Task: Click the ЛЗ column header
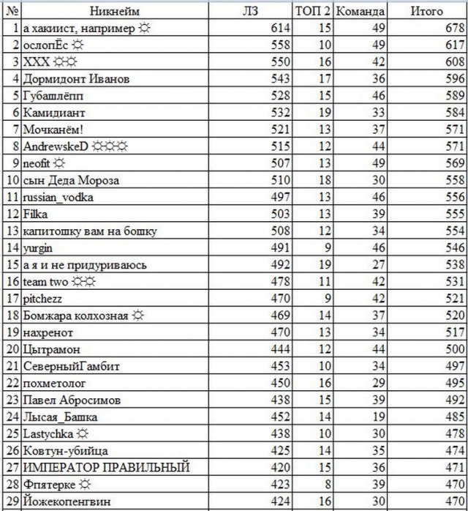coord(250,11)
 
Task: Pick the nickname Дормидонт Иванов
coord(67,78)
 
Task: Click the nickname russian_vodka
coord(58,197)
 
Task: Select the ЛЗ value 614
coord(281,28)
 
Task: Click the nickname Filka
coord(34,214)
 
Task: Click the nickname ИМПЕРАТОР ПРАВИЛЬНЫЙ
coord(106,467)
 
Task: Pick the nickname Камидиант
coord(54,113)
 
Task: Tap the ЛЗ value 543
coord(281,78)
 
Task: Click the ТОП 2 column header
coord(314,11)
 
